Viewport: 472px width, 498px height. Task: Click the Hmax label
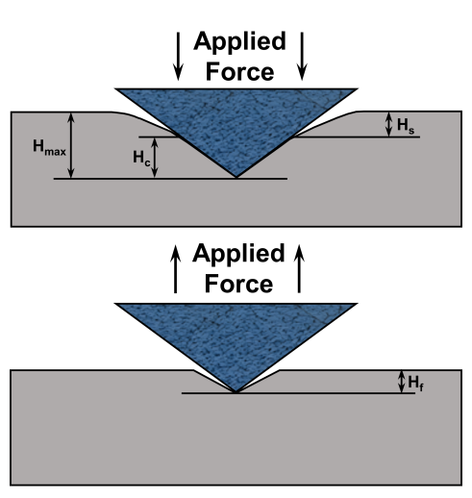pyautogui.click(x=49, y=148)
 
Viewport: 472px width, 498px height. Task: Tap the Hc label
pyautogui.click(x=141, y=159)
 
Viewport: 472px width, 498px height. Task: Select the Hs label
pyautogui.click(x=406, y=126)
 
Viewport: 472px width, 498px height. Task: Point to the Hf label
pyautogui.click(x=415, y=384)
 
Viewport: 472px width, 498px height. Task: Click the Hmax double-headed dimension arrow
pyautogui.click(x=71, y=145)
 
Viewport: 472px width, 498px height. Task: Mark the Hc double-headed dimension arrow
pyautogui.click(x=155, y=158)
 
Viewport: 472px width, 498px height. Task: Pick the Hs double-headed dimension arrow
pyautogui.click(x=388, y=124)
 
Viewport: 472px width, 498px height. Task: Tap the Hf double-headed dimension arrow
pyautogui.click(x=401, y=382)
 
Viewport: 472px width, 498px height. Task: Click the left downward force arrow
pyautogui.click(x=178, y=56)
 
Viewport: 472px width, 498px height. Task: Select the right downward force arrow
pyautogui.click(x=302, y=56)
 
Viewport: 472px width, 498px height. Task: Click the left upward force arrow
pyautogui.click(x=175, y=268)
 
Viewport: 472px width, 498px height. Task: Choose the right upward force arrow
pyautogui.click(x=299, y=268)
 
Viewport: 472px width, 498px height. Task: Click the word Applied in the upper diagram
pyautogui.click(x=239, y=41)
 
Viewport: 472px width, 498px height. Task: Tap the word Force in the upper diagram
pyautogui.click(x=239, y=72)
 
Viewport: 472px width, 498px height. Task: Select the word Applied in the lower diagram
pyautogui.click(x=238, y=254)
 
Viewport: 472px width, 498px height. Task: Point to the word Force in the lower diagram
pyautogui.click(x=238, y=284)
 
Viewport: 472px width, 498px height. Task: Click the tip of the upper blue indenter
pyautogui.click(x=236, y=177)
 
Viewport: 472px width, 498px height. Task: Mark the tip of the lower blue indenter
pyautogui.click(x=236, y=392)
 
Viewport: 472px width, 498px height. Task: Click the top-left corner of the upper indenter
pyautogui.click(x=115, y=88)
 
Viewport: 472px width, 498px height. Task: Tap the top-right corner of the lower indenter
pyautogui.click(x=357, y=304)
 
